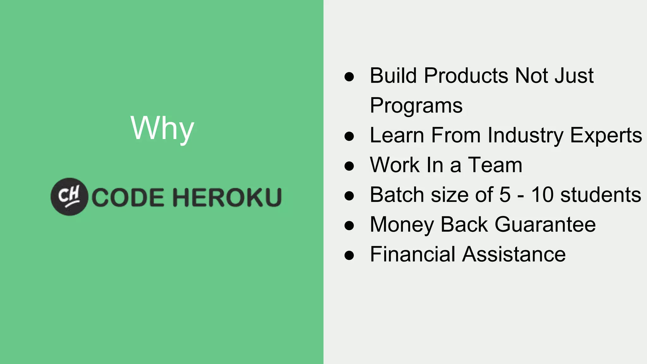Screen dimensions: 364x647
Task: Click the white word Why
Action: (162, 128)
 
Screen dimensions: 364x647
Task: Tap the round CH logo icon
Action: (69, 197)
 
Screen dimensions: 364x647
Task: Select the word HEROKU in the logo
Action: (227, 197)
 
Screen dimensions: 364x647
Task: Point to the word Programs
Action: (416, 106)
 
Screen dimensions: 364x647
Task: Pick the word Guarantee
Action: (545, 225)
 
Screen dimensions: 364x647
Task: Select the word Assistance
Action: (514, 254)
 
